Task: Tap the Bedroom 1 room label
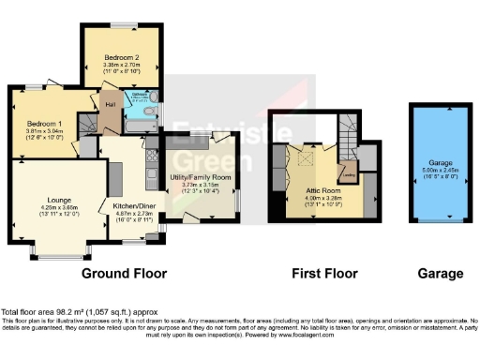click(44, 124)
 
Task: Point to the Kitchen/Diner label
click(134, 205)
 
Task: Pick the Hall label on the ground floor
click(109, 104)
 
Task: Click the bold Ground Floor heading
click(124, 274)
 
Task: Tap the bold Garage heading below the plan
click(439, 274)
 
